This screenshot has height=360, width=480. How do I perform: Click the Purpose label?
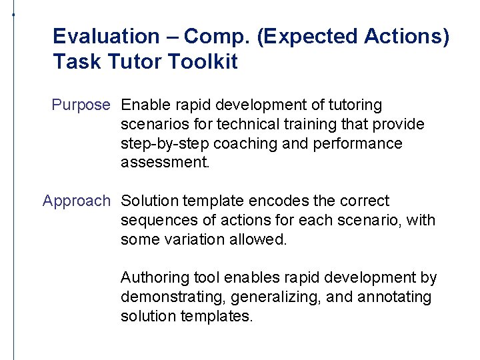pos(80,105)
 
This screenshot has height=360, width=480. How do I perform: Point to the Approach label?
pos(76,201)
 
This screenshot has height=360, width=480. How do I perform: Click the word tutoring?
pos(350,105)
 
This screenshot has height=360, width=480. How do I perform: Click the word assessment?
pos(165,163)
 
